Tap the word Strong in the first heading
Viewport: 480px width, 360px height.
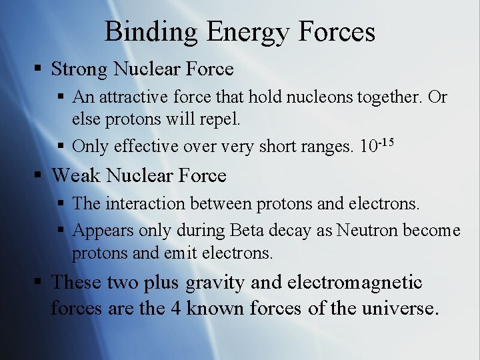[80, 69]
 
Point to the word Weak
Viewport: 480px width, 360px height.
[76, 175]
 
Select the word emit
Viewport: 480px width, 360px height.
[183, 253]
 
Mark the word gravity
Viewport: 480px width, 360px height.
[215, 283]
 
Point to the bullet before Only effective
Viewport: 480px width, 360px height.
[61, 146]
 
